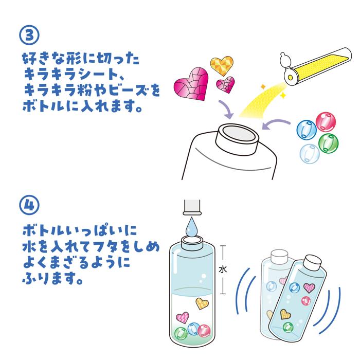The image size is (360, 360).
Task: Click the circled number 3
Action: click(x=29, y=35)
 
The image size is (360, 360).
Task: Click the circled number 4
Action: click(x=29, y=205)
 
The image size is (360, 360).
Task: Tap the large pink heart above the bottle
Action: click(x=191, y=84)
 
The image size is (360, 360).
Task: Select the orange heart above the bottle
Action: click(x=222, y=66)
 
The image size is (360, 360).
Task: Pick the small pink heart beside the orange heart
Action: click(x=226, y=85)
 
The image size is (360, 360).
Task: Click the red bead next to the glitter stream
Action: click(x=326, y=122)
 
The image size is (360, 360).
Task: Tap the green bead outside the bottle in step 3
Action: click(x=328, y=142)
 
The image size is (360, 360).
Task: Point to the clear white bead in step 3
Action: click(x=310, y=154)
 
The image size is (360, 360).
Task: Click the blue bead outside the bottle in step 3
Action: click(x=307, y=130)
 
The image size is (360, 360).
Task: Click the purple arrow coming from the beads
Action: click(x=276, y=124)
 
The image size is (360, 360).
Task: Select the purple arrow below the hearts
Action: click(x=226, y=110)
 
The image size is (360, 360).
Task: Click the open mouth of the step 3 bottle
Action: click(x=238, y=133)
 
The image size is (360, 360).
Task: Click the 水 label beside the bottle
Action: click(x=223, y=269)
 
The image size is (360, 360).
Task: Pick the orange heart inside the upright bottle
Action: click(x=202, y=303)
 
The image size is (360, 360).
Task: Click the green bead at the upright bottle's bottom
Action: click(x=181, y=334)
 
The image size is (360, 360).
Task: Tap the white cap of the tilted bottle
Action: click(x=313, y=262)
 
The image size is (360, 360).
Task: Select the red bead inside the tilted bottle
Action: click(x=306, y=301)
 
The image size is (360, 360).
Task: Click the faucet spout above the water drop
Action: click(x=192, y=207)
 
